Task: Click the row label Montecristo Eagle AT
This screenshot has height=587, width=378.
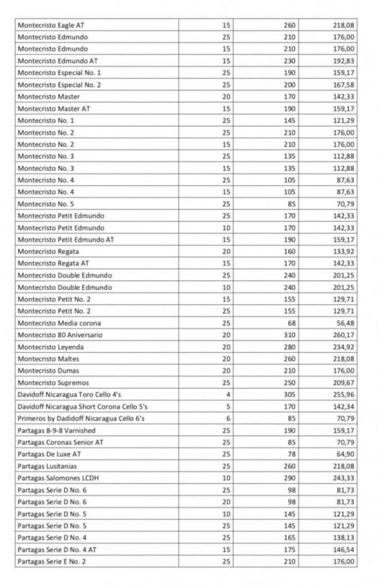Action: tap(54, 25)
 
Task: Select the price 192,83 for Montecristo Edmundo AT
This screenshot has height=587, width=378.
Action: tap(344, 61)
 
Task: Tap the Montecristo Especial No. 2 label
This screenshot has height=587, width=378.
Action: tap(59, 85)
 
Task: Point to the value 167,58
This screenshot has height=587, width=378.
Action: tap(344, 85)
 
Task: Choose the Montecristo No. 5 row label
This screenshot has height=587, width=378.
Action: tap(46, 204)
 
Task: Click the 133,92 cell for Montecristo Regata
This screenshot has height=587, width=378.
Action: tap(344, 251)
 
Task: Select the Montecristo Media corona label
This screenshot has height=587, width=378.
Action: tap(59, 323)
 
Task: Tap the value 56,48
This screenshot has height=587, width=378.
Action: tap(346, 323)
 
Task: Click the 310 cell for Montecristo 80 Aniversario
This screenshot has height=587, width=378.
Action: tap(289, 335)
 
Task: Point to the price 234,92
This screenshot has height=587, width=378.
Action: tap(344, 347)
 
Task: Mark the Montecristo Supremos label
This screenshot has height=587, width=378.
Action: tap(53, 383)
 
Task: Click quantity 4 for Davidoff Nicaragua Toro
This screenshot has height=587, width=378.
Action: tap(228, 395)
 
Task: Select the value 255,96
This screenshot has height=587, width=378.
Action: tap(344, 395)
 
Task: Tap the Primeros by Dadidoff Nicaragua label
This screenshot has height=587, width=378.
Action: tap(81, 418)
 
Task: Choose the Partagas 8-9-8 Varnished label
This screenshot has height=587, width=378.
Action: tap(57, 431)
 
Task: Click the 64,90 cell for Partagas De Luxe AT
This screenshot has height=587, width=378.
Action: tap(346, 454)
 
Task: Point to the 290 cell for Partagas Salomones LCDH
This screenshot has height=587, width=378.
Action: tap(289, 478)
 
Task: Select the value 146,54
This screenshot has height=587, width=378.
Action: tap(344, 550)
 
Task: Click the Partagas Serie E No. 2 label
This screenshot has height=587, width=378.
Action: tap(52, 561)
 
